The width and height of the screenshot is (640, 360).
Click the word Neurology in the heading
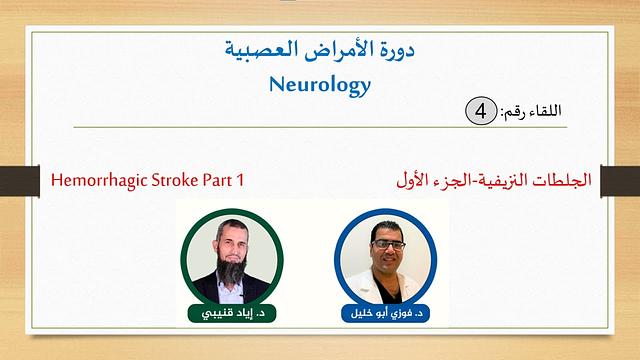(x=319, y=85)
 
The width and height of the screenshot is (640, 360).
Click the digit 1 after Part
(x=244, y=182)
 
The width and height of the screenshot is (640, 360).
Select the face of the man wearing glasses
(x=386, y=246)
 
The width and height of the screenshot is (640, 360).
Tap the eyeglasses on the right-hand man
(x=386, y=243)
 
